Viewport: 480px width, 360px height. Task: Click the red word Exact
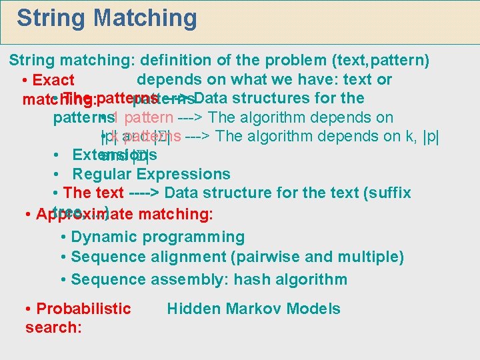point(53,81)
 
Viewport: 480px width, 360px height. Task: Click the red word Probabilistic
point(84,309)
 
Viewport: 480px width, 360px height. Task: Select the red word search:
point(53,327)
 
